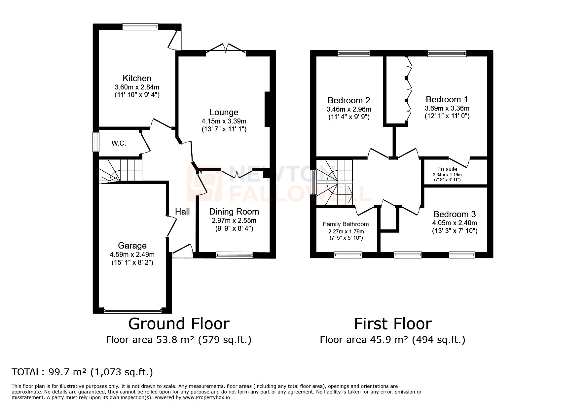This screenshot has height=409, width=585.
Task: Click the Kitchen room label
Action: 137,78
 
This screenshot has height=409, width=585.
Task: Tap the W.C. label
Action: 119,144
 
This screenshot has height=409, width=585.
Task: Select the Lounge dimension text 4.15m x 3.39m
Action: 224,121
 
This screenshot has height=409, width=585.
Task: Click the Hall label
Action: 182,212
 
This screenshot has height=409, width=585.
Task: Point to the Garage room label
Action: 132,246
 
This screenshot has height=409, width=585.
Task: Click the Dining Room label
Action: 234,212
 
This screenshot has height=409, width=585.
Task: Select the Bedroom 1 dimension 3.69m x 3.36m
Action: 447,108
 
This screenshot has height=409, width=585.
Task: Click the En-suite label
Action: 447,169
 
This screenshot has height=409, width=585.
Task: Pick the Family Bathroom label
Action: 346,224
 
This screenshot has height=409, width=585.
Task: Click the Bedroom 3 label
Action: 455,214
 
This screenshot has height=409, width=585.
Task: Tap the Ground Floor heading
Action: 178,324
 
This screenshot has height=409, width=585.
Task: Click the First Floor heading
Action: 392,324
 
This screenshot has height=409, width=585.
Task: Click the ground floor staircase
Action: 121,170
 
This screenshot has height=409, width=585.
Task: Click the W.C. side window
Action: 96,142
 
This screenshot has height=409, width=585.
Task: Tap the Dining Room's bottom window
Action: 234,255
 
